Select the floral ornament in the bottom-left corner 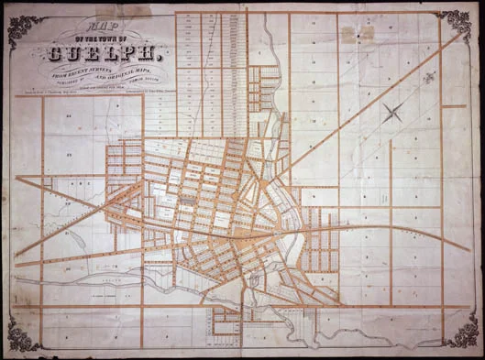tap(23, 334)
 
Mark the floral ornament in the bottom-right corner tap(458, 334)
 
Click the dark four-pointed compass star tap(395, 115)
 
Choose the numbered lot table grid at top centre tap(206, 64)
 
